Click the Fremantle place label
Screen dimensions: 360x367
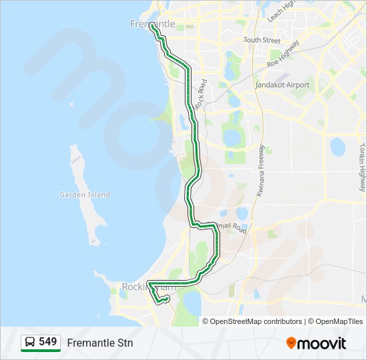(x=152, y=24)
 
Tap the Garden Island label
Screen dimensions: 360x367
(x=85, y=195)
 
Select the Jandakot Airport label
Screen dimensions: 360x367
(x=282, y=85)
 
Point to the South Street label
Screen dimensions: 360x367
(x=262, y=40)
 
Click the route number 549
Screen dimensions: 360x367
(x=47, y=342)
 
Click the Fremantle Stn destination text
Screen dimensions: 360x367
(x=100, y=343)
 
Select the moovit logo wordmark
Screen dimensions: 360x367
(x=322, y=343)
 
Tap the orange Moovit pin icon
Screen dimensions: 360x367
(x=291, y=343)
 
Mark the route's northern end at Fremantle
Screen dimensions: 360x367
(x=153, y=26)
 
